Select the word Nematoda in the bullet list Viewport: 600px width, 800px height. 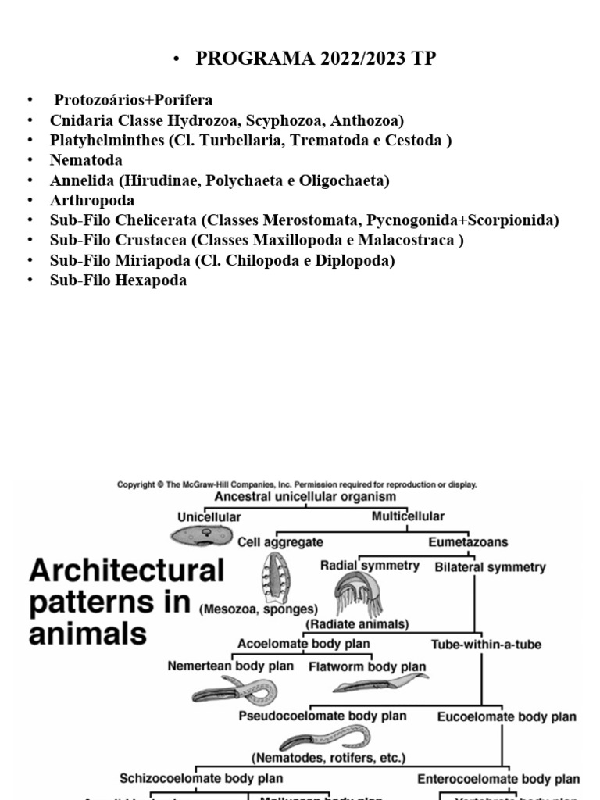(x=86, y=160)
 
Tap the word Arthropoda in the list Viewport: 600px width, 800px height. (x=92, y=200)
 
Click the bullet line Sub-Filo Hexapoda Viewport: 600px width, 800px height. (x=118, y=280)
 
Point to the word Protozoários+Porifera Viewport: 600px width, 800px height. (x=133, y=100)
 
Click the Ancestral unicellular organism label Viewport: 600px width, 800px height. (x=305, y=497)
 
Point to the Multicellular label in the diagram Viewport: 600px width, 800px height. (x=408, y=516)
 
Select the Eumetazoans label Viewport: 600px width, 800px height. (x=468, y=541)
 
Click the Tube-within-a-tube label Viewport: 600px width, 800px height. (x=486, y=645)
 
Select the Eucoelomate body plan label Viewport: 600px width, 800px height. (x=506, y=716)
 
